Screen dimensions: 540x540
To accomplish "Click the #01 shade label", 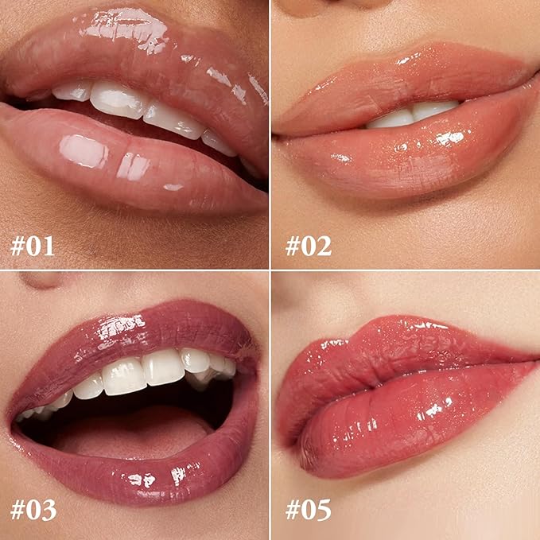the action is pyautogui.click(x=33, y=246).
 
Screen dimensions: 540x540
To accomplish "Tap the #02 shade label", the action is pyautogui.click(x=309, y=246).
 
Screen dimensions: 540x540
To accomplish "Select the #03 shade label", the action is pyautogui.click(x=33, y=510).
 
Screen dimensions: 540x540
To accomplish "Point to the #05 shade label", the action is pyautogui.click(x=309, y=510).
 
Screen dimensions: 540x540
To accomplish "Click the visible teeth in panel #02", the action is pyautogui.click(x=414, y=115).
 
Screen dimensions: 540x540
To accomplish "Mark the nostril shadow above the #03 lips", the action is pyautogui.click(x=41, y=280).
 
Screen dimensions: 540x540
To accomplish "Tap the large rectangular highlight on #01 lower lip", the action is pyautogui.click(x=84, y=151).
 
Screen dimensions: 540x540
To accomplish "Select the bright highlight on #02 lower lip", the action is pyautogui.click(x=450, y=138).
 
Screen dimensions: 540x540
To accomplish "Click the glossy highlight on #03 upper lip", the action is pyautogui.click(x=121, y=327).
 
